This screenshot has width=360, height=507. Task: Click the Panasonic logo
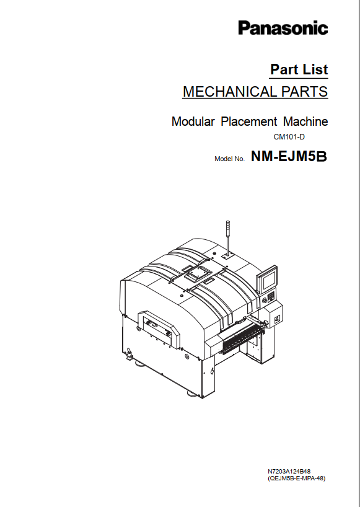point(283,27)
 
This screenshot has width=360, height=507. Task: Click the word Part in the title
point(281,69)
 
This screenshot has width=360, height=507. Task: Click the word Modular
point(193,121)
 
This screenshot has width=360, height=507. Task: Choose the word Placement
point(249,121)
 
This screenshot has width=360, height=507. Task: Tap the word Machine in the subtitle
point(305,121)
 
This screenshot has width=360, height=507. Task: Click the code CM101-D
point(289,137)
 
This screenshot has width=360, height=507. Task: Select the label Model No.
point(229,159)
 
